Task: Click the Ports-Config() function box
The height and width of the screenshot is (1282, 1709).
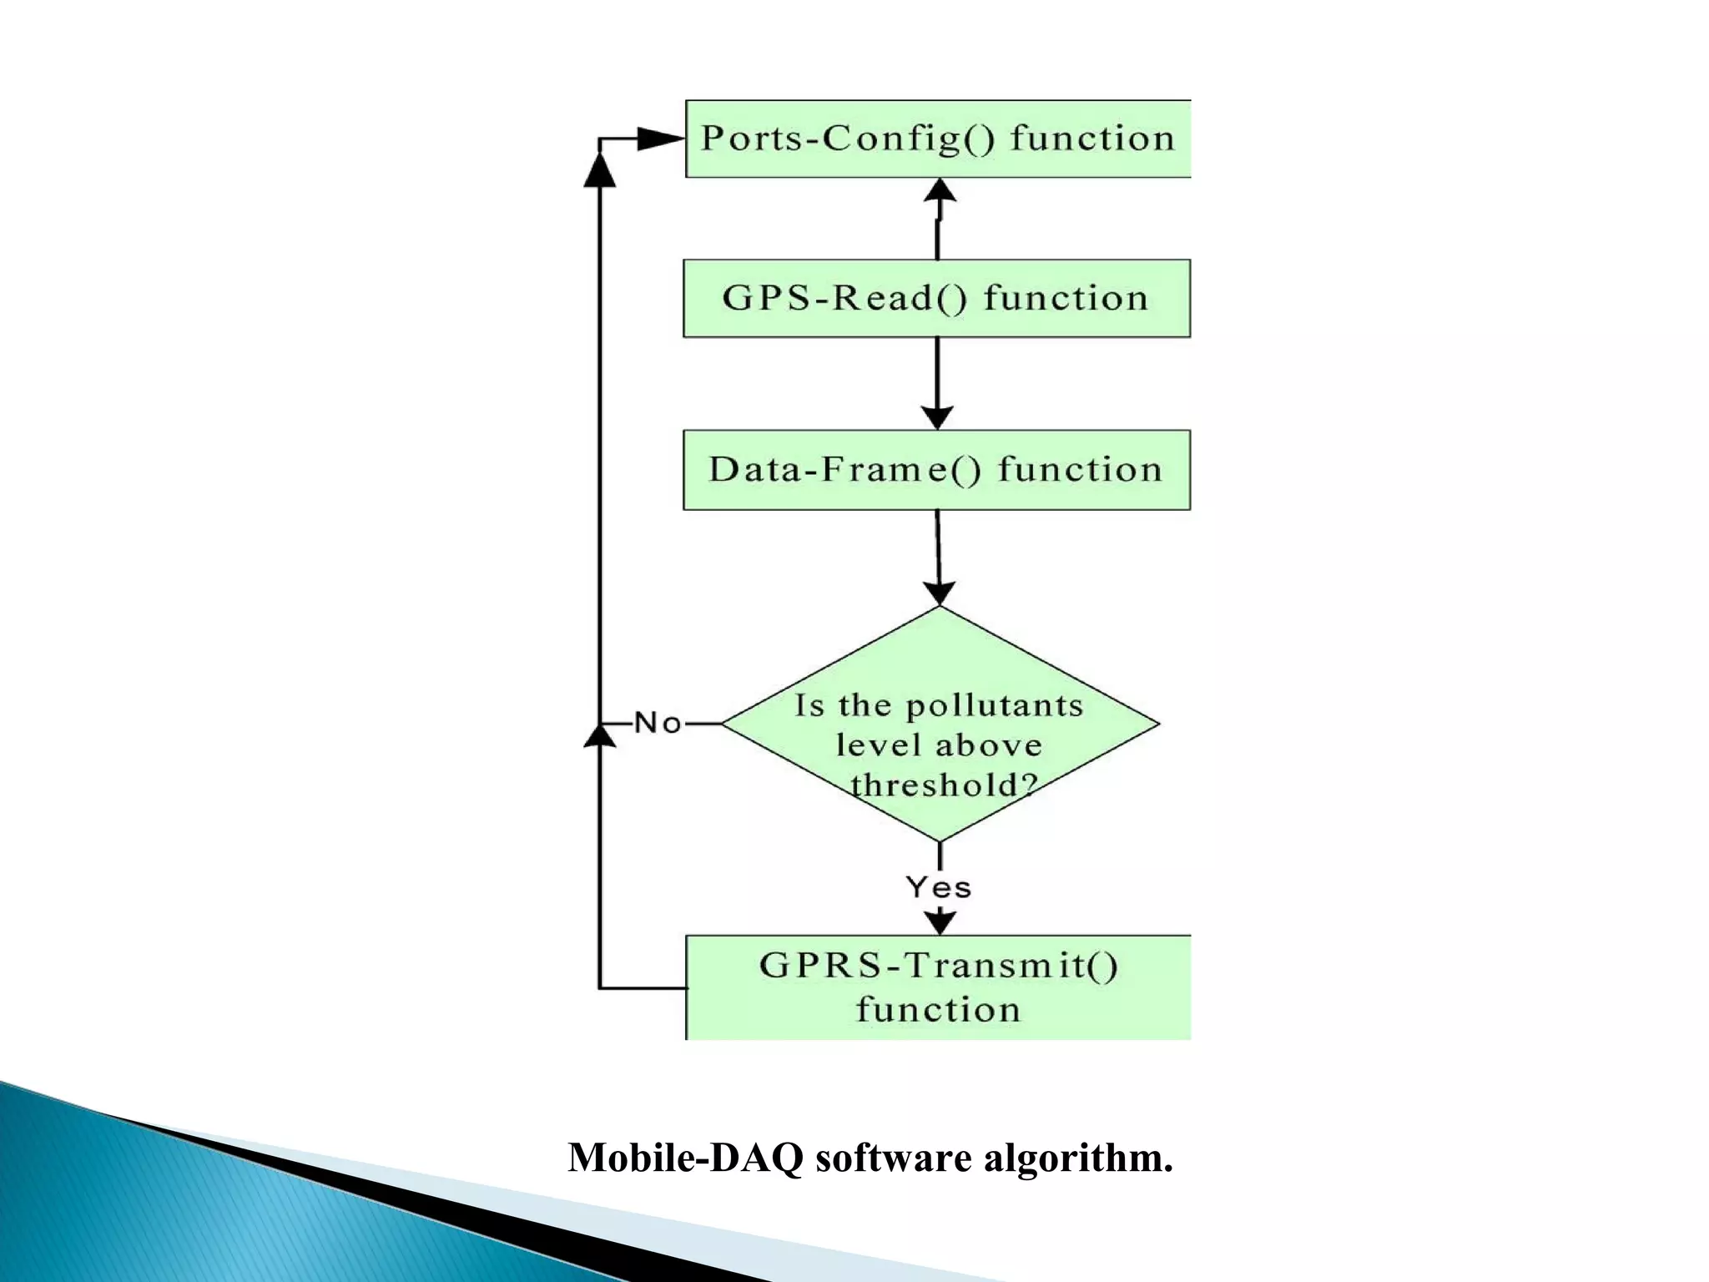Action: (937, 139)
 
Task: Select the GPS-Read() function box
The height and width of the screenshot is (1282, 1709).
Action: (936, 298)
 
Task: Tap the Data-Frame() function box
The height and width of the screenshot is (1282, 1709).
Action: (936, 470)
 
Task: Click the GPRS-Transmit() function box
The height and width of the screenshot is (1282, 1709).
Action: (938, 987)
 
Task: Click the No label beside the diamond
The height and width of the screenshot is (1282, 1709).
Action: (658, 723)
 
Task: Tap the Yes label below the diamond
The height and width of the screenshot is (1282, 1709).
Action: (939, 887)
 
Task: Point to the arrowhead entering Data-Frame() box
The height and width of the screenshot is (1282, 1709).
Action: (937, 417)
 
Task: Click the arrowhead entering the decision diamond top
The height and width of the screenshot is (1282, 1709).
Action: (940, 593)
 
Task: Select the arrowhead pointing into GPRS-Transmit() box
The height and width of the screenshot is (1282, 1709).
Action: (940, 921)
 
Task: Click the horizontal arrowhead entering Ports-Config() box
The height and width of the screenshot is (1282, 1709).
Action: (659, 139)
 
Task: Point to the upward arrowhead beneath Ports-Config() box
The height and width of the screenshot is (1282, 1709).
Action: (940, 190)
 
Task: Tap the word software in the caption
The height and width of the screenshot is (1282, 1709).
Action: (893, 1158)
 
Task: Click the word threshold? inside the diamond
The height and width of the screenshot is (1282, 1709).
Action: (944, 785)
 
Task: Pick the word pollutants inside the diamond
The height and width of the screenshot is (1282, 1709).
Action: (994, 706)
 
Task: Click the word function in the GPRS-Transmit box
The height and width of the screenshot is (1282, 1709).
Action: (938, 1010)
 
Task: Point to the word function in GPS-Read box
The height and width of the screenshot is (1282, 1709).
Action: (1066, 298)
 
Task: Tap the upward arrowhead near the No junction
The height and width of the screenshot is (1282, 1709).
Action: (599, 736)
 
